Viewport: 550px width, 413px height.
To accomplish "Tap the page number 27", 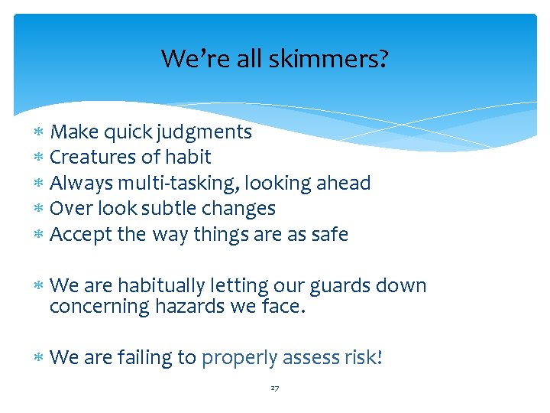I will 275,389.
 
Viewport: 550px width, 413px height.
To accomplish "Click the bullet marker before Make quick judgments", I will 39,133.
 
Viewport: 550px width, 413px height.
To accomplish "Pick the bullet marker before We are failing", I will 39,358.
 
